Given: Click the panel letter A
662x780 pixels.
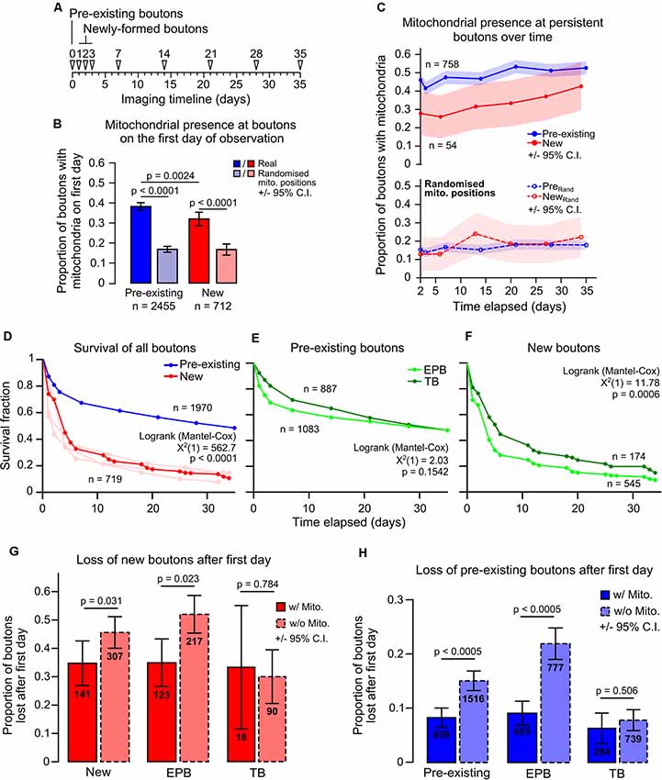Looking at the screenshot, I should click(x=61, y=9).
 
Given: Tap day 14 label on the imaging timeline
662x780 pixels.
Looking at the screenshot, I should click(x=163, y=54).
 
